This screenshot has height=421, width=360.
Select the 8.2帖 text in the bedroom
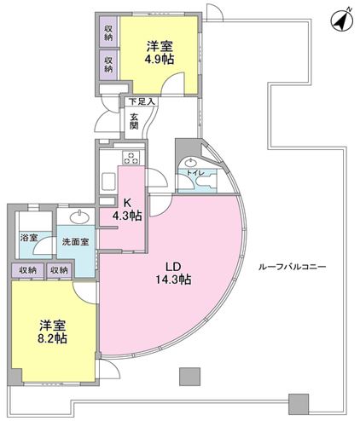(53, 337)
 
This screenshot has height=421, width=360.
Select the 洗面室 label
(75, 242)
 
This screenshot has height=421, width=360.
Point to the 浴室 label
(28, 238)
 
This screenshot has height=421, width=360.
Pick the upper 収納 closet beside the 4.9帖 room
(108, 35)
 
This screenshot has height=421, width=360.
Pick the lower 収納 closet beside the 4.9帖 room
(108, 62)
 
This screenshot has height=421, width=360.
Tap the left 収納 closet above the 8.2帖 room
(27, 270)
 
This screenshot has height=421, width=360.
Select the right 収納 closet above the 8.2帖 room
(58, 270)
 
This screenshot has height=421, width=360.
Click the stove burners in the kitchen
(132, 157)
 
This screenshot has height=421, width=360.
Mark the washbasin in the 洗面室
(80, 215)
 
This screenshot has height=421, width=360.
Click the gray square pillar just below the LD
(189, 376)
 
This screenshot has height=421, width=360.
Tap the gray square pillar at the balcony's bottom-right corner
(297, 401)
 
